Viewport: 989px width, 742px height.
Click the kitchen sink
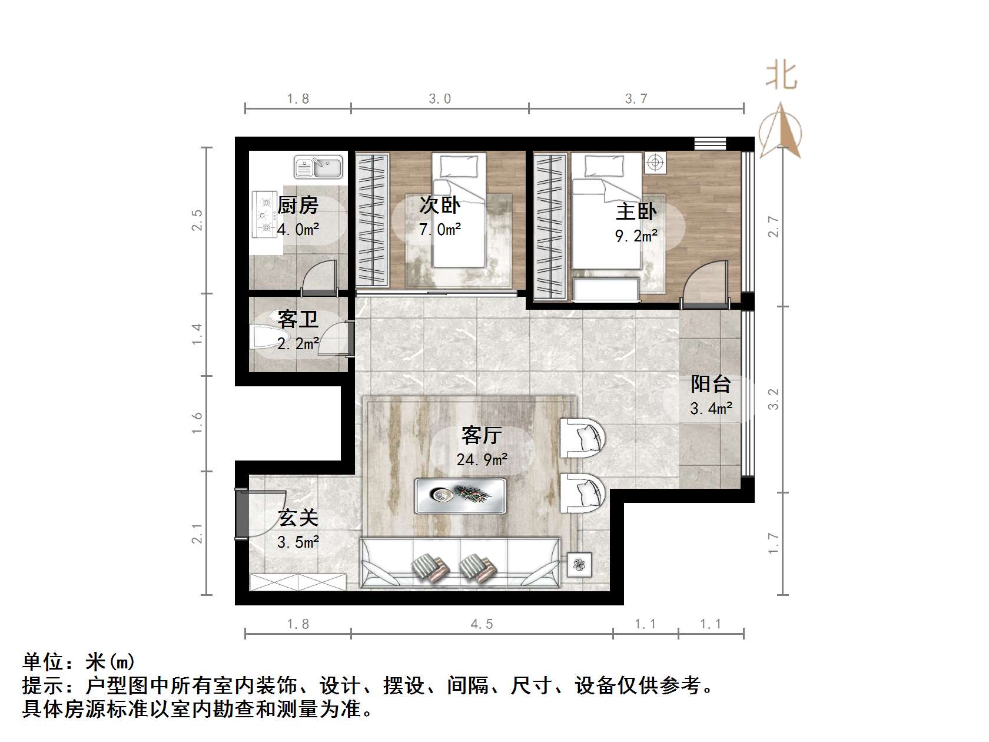pos(318,167)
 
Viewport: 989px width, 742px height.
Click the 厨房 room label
pos(297,206)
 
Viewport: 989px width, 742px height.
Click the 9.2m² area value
pos(636,236)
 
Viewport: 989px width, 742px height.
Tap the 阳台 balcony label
pos(711,385)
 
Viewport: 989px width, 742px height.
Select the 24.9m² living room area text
pos(482,459)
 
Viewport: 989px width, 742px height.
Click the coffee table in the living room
pos(460,495)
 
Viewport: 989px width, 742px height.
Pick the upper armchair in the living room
pos(582,438)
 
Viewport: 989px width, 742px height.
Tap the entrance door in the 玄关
pos(241,514)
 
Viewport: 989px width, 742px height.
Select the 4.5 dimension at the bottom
pos(482,624)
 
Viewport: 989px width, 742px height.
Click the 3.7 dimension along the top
pos(636,99)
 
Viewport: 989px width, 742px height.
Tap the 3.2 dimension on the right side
pos(774,399)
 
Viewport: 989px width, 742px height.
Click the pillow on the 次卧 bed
pos(459,167)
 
